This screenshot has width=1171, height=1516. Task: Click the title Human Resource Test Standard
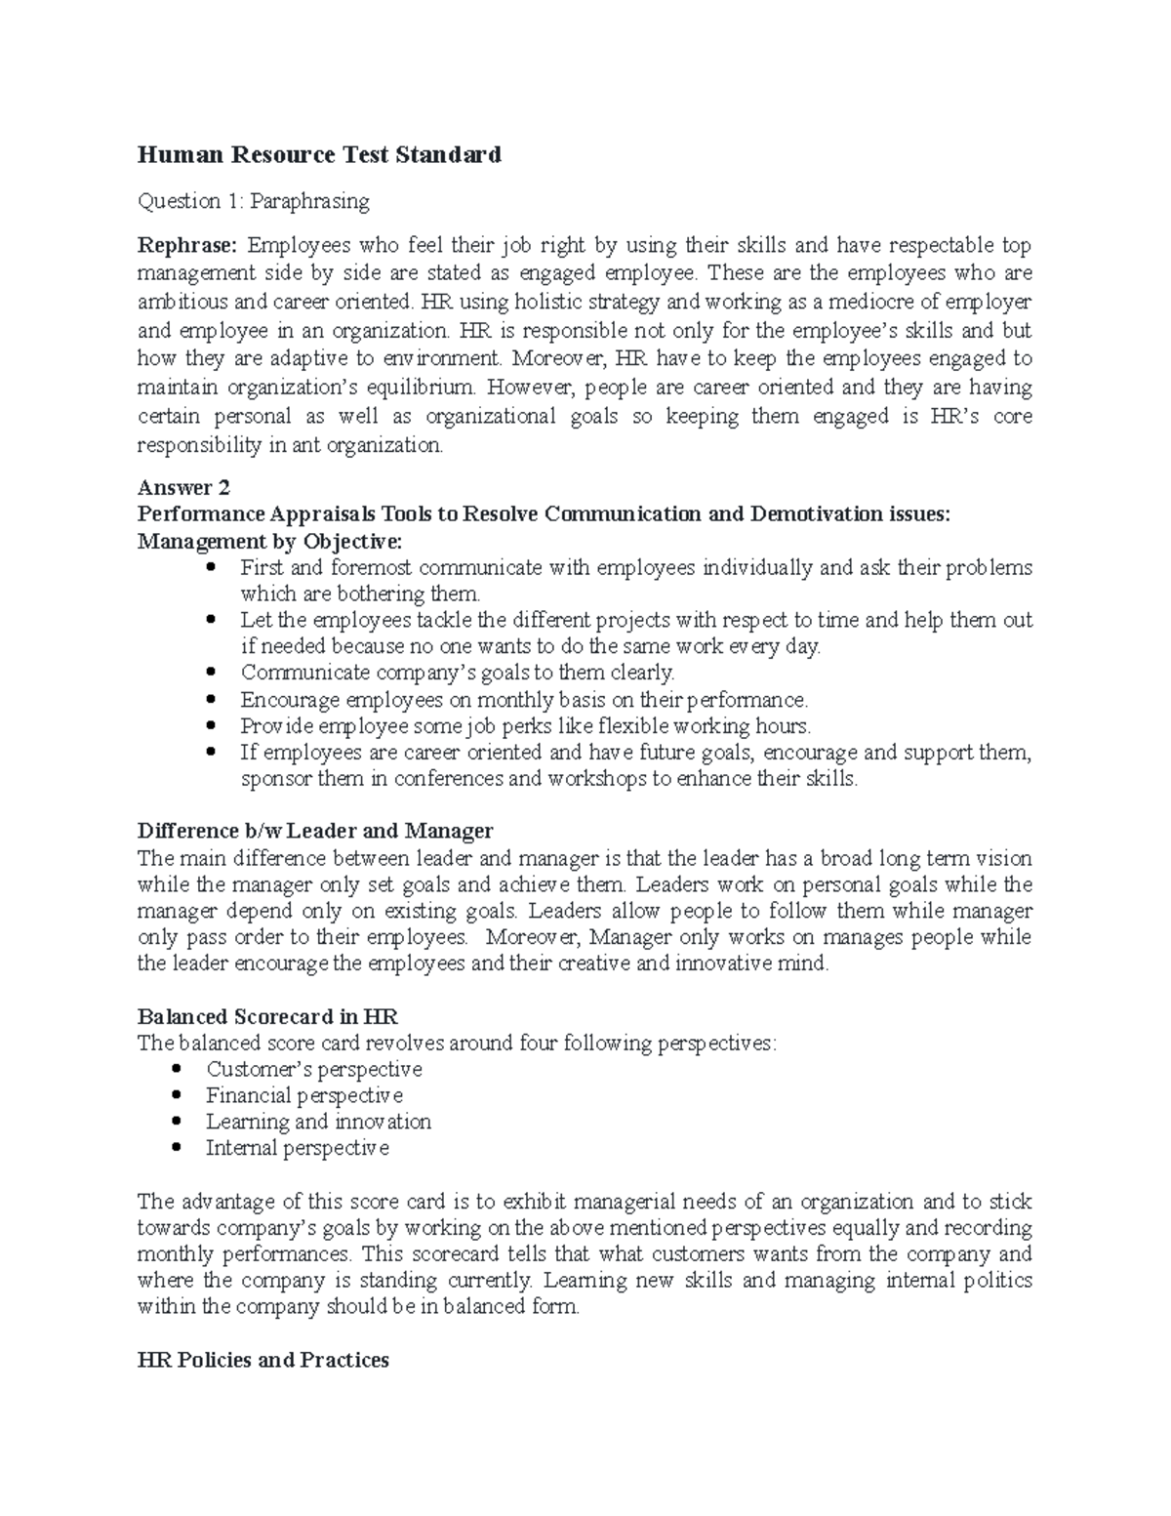(x=319, y=154)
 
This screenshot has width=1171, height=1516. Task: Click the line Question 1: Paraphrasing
(x=254, y=201)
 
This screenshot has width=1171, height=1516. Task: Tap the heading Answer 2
(x=183, y=487)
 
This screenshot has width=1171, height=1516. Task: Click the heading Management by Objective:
(x=269, y=541)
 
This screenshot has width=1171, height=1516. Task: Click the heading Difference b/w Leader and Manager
(x=315, y=832)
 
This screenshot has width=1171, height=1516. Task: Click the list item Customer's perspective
(x=313, y=1069)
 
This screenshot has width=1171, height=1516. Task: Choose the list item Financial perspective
(x=303, y=1095)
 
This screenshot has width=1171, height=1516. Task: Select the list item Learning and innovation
(x=318, y=1122)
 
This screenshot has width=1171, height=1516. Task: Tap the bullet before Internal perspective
(x=178, y=1149)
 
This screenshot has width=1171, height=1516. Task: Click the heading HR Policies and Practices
(x=263, y=1360)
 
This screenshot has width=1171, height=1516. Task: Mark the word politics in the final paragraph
(x=996, y=1280)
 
